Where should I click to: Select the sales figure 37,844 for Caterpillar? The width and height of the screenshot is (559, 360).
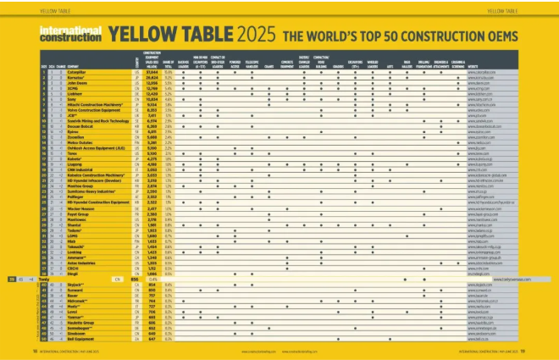click(x=152, y=73)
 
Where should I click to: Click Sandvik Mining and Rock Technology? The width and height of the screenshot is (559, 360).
click(x=83, y=121)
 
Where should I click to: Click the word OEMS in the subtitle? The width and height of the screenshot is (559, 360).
click(x=502, y=37)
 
